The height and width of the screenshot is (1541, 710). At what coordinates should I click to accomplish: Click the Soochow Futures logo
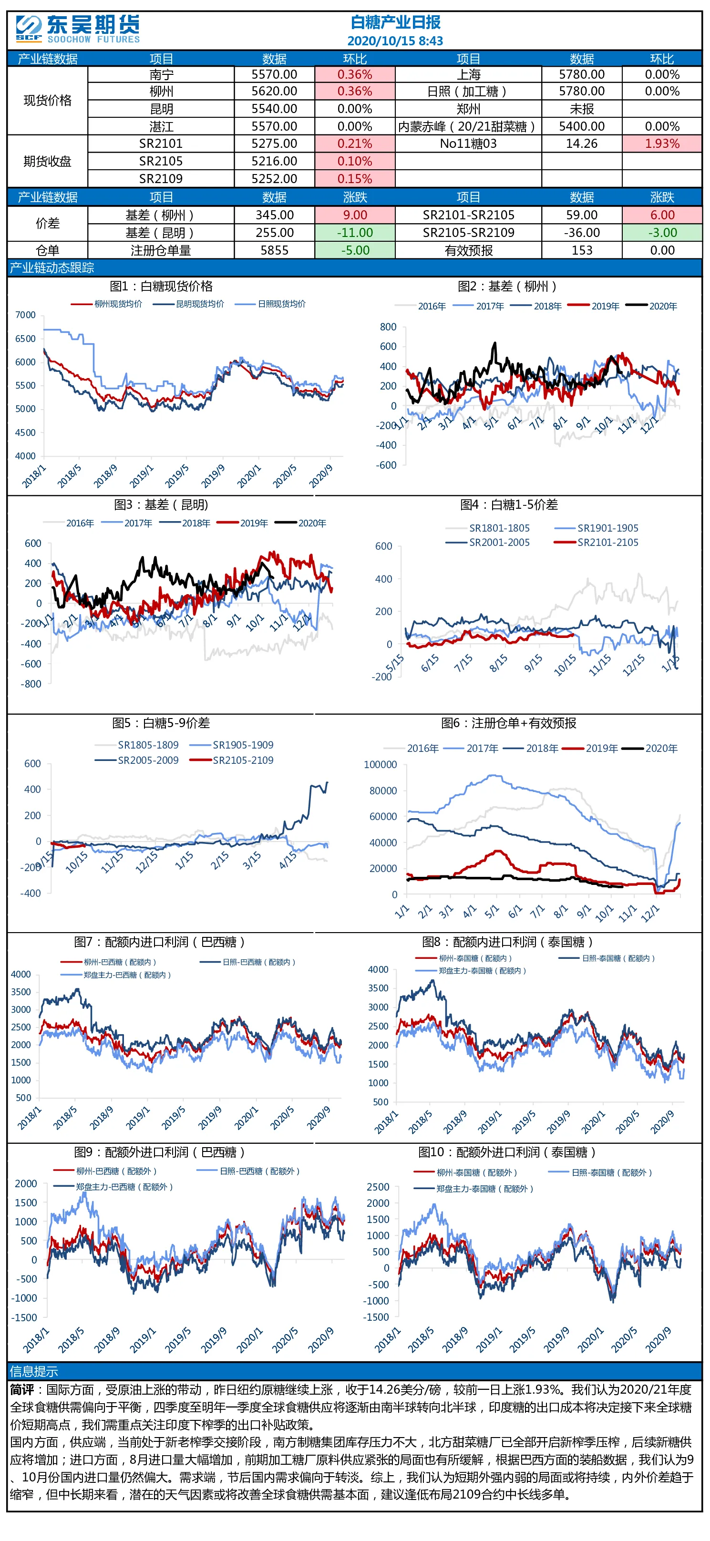tap(78, 29)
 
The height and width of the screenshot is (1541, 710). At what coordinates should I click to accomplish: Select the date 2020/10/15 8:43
tap(395, 41)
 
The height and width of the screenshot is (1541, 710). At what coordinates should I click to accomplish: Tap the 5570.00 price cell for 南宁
tap(275, 74)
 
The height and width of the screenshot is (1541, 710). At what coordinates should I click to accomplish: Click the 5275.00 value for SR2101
tap(275, 144)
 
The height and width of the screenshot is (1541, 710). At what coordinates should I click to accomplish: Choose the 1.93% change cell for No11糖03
tap(662, 144)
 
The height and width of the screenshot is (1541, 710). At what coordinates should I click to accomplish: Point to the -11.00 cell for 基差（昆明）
tap(355, 232)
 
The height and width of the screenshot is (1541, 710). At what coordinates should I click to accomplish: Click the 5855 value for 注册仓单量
tap(275, 250)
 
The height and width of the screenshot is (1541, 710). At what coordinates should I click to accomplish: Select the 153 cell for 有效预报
tap(582, 250)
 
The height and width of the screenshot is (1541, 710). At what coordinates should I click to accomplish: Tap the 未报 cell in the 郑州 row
tap(582, 109)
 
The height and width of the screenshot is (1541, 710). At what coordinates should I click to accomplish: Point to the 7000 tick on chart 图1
tap(26, 315)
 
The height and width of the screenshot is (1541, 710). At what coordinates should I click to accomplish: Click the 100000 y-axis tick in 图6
tap(381, 764)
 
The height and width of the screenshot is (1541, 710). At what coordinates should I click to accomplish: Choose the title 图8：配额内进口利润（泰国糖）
tap(507, 942)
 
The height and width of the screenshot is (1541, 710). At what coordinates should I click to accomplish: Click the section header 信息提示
tap(34, 1371)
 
